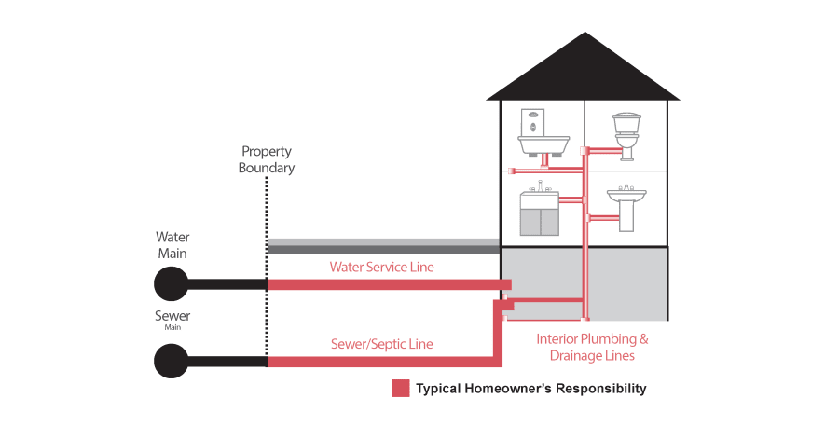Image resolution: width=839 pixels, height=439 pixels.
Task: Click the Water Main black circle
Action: tap(171, 283)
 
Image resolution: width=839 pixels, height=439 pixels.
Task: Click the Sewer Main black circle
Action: tap(171, 361)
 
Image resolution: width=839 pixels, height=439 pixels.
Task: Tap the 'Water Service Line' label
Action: tap(381, 268)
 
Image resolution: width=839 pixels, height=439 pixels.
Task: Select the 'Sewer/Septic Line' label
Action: tap(381, 344)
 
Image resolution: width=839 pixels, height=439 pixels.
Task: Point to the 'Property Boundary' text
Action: tap(267, 159)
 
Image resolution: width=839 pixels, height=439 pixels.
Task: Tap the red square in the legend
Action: tap(400, 389)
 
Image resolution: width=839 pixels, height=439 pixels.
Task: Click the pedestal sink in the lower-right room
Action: tap(626, 207)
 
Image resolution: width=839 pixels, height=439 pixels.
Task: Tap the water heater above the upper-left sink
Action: tap(532, 121)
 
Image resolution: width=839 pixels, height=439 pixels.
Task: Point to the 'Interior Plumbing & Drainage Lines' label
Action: tap(592, 347)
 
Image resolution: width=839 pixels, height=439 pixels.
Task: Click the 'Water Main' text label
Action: tap(172, 244)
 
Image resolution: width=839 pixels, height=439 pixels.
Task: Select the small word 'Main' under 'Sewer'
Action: tap(172, 328)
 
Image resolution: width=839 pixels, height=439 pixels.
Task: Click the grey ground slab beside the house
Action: tap(382, 246)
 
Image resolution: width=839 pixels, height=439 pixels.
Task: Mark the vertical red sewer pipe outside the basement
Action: tap(497, 336)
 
